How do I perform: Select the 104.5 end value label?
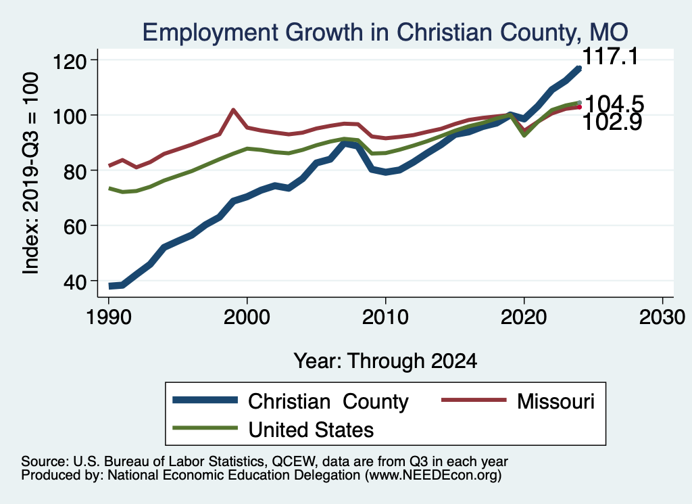tap(613, 104)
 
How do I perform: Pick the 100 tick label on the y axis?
tap(72, 116)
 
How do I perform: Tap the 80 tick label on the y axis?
tap(77, 170)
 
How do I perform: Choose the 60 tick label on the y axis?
tap(77, 225)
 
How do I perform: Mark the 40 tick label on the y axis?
tap(77, 281)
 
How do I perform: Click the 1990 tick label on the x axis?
tap(109, 317)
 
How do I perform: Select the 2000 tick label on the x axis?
tap(247, 317)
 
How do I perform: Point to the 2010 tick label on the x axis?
tap(385, 317)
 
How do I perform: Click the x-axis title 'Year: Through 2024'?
tap(385, 361)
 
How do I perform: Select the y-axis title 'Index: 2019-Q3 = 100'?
tap(30, 173)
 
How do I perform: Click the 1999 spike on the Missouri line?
tap(233, 110)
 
